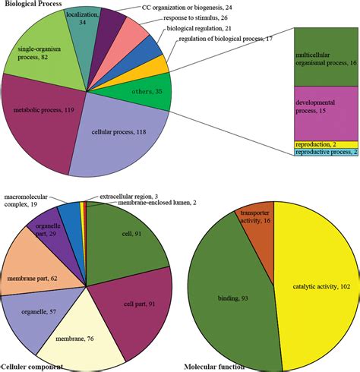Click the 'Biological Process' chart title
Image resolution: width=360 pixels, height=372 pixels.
33,4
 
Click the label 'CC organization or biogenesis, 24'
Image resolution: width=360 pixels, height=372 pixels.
187,8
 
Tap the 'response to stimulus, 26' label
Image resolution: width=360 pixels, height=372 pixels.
195,18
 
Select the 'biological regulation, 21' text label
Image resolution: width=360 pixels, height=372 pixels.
199,28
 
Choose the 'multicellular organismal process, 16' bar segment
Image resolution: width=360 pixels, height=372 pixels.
326,57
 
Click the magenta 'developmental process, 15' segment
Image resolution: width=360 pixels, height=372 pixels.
326,114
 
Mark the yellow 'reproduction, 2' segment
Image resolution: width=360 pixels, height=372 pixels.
326,144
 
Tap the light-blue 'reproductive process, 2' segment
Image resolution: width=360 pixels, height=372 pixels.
326,152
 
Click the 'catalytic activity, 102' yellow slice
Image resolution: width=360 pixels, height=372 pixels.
319,286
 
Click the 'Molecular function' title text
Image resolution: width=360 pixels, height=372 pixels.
214,367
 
